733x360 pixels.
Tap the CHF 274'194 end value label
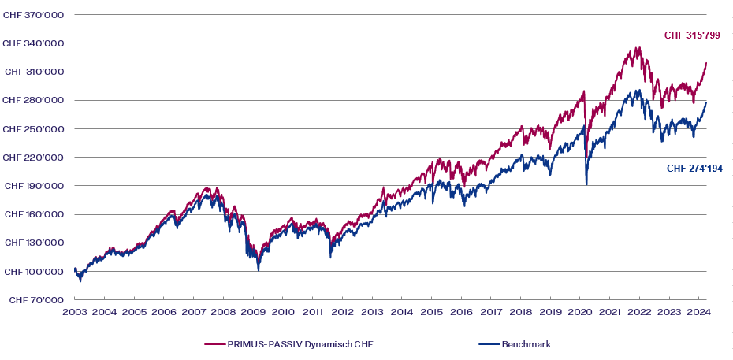coord(694,169)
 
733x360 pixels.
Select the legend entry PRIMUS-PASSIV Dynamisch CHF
coord(288,344)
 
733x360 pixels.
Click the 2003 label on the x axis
coord(74,313)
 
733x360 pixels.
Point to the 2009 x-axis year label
coord(253,313)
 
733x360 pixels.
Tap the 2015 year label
coord(431,313)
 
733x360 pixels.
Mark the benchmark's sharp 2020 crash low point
coord(586,184)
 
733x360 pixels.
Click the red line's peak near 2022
coord(638,48)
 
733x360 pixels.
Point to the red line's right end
coord(706,63)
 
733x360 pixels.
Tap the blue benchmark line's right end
coord(706,102)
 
